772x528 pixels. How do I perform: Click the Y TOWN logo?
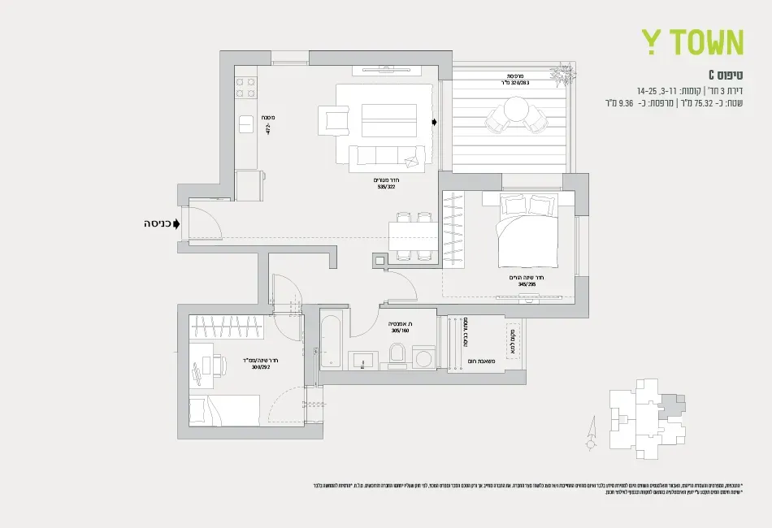coord(692,41)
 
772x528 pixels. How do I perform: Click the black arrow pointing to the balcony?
coord(436,123)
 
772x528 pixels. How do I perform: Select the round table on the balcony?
coord(516,108)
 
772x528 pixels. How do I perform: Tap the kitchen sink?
coord(246,124)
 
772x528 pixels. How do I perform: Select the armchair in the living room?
coord(336,121)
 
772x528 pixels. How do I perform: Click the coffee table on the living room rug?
coord(388,120)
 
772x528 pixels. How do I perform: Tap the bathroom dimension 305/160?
coord(400,331)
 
